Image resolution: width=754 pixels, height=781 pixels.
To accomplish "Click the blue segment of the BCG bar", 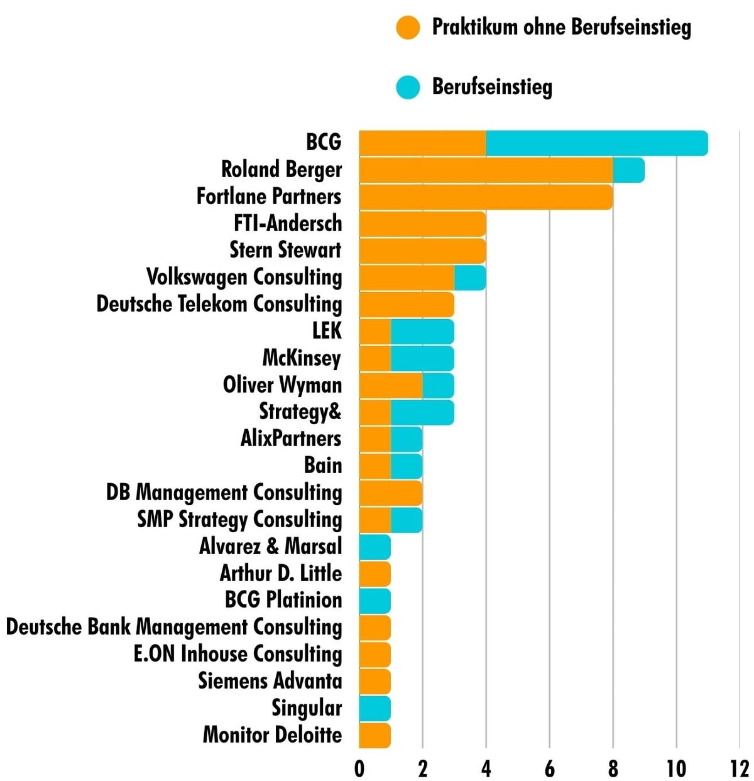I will coord(596,143).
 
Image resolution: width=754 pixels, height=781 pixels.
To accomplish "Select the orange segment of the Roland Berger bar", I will coord(486,170).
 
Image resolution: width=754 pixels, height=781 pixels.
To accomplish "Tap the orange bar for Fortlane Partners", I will coord(486,197).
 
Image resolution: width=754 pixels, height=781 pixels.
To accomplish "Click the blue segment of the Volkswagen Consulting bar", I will coord(470,278).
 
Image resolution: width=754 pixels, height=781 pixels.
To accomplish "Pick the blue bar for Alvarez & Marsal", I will coord(375,547).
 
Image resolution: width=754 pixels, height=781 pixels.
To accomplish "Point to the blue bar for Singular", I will coord(375,708).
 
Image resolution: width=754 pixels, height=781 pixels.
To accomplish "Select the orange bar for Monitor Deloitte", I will coord(375,735).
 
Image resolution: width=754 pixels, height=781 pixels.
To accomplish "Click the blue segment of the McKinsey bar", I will coord(422,358).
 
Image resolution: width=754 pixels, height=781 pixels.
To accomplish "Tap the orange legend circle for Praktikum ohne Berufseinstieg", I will coord(408,28).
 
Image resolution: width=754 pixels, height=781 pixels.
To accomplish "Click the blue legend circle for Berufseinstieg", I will coord(408,87).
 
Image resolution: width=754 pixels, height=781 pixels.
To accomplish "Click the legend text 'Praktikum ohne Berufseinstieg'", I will coord(561,28).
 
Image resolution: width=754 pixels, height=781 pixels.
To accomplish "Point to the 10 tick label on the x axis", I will coord(676,768).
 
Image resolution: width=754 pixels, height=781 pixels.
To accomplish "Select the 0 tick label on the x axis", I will coord(359,768).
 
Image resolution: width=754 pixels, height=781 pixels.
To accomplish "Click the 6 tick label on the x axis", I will coord(550,768).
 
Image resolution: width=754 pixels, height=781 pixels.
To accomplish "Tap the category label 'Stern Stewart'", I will coord(285,250).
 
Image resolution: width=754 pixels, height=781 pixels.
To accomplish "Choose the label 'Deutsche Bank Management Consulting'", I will coord(174,627).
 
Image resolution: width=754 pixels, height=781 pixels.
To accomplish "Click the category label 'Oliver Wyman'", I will coord(282,385).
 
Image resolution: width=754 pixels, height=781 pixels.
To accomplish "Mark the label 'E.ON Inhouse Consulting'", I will coord(238,654).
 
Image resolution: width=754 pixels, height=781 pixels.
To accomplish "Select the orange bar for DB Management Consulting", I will coord(391,493).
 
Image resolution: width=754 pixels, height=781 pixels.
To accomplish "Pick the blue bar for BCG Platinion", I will coord(375,601).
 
